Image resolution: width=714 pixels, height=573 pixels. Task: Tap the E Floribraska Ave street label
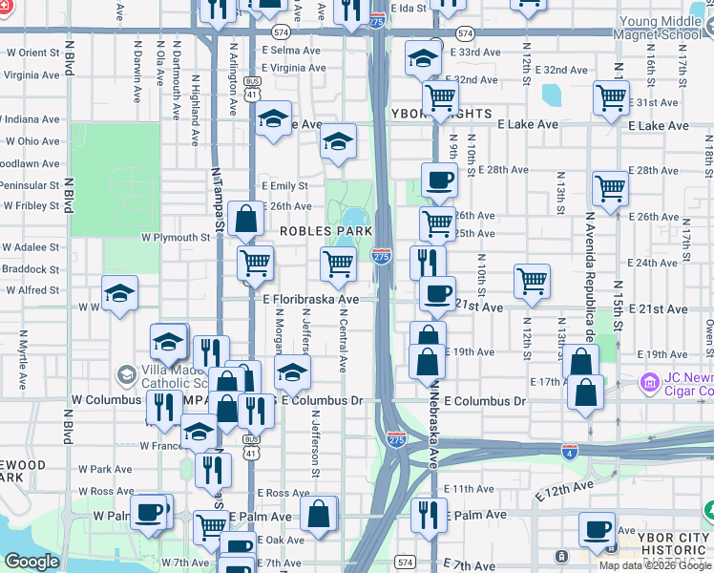pyautogui.click(x=311, y=299)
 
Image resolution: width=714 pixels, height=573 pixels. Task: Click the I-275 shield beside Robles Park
pyautogui.click(x=381, y=255)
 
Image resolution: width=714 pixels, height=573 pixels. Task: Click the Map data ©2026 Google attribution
pyautogui.click(x=656, y=565)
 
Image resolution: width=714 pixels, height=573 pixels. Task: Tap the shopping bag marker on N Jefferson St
pyautogui.click(x=319, y=514)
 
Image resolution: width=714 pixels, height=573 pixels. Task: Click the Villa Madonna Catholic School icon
pyautogui.click(x=125, y=373)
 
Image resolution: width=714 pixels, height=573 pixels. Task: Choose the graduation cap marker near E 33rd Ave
pyautogui.click(x=423, y=58)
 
